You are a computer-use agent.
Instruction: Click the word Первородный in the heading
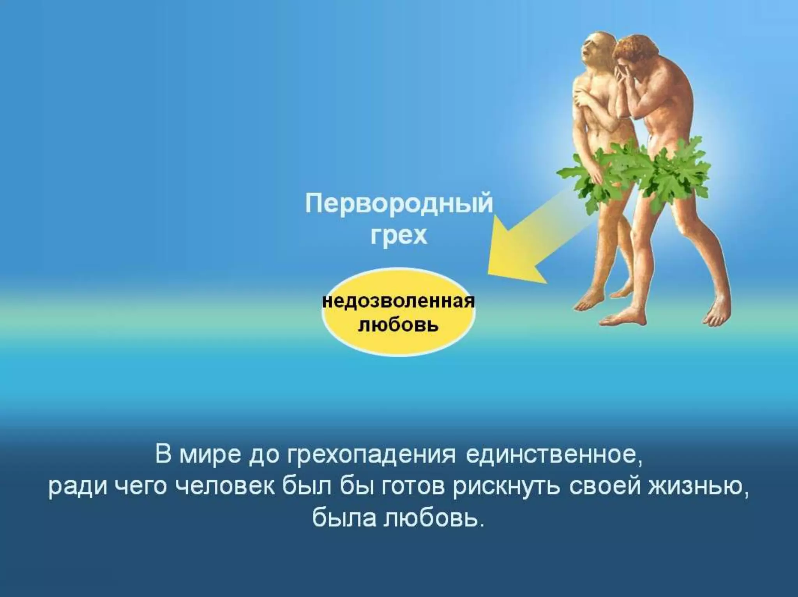(399, 204)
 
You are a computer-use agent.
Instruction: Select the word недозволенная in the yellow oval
(399, 301)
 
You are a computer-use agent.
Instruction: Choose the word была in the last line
(343, 518)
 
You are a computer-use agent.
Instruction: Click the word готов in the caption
(413, 487)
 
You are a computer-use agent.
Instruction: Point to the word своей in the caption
(604, 487)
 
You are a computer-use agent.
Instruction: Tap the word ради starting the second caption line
(78, 487)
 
